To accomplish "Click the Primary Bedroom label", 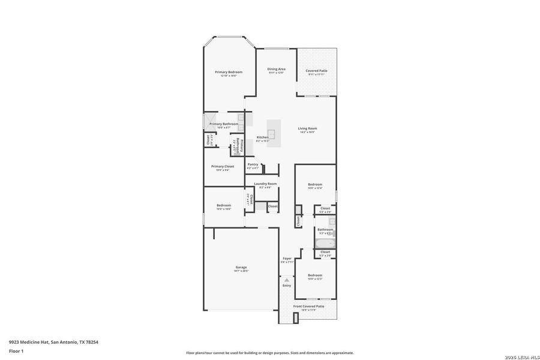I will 229,72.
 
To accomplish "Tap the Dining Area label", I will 276,69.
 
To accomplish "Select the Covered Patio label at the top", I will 316,71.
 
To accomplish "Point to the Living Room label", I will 307,128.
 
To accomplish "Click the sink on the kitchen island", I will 271,134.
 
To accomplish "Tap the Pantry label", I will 253,164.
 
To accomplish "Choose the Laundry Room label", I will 265,184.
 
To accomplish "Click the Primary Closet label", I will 223,166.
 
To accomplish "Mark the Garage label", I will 241,268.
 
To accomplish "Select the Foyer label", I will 287,259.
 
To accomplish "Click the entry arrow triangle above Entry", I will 287,280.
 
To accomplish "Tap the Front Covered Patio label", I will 308,307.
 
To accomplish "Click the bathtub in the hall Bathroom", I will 325,244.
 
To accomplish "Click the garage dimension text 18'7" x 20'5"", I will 241,271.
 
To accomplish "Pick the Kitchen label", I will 263,137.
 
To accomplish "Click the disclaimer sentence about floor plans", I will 269,353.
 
